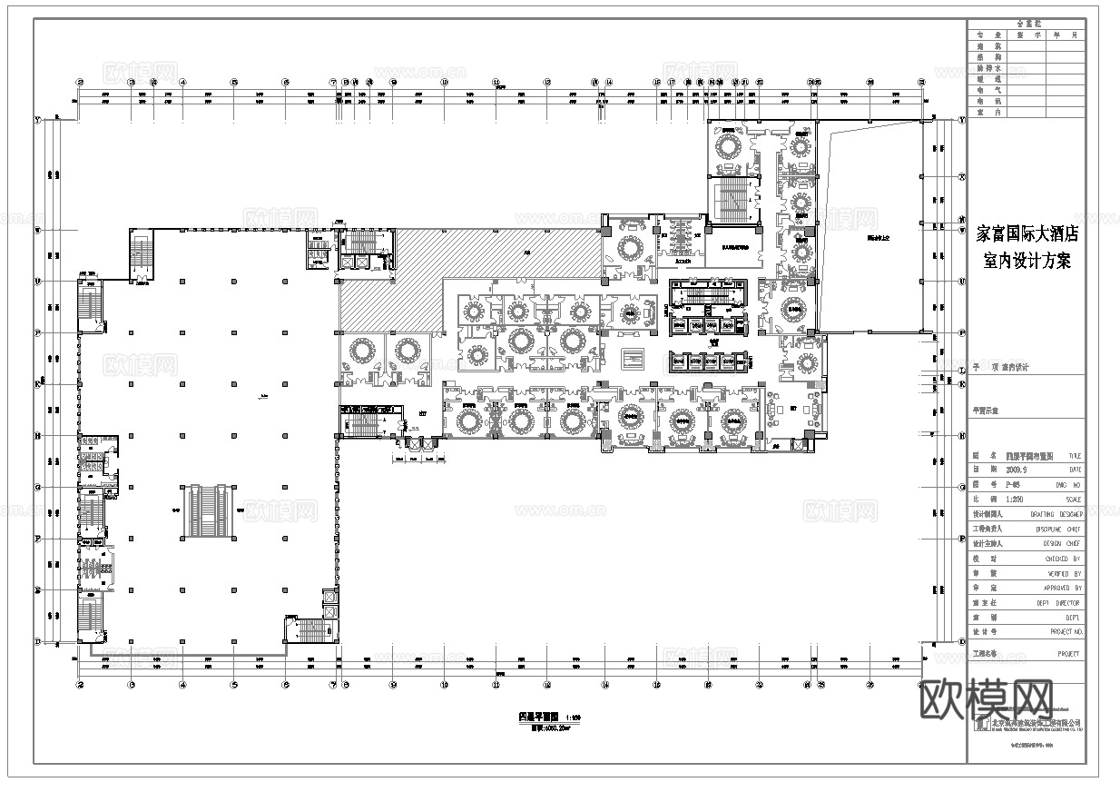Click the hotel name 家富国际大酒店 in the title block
click(x=1027, y=233)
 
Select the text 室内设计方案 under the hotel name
click(x=1027, y=262)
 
